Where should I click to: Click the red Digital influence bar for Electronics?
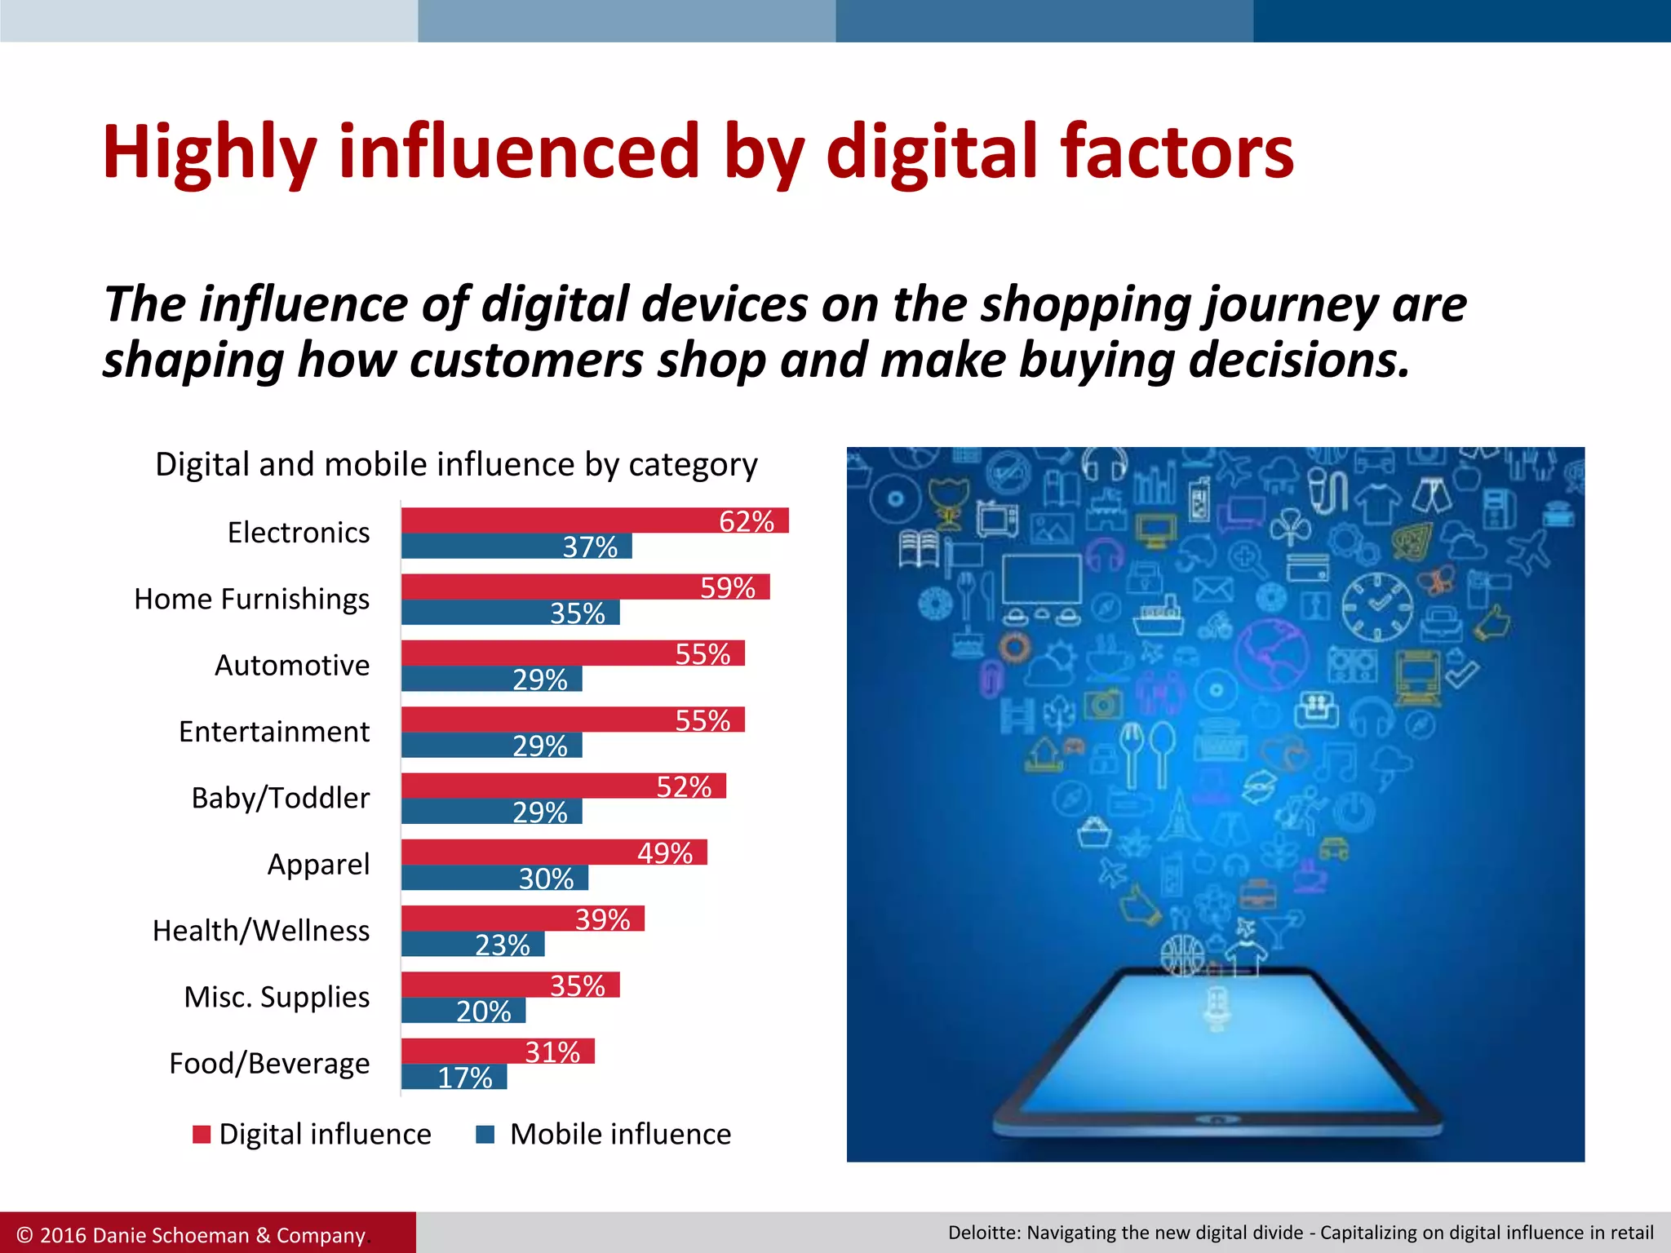coord(555,520)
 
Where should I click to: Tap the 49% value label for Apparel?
coord(665,853)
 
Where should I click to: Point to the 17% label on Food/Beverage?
coord(465,1078)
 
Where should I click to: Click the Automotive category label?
coord(292,666)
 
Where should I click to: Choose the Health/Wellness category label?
coord(261,931)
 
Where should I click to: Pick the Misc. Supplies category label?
coord(277,997)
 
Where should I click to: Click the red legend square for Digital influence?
coord(202,1135)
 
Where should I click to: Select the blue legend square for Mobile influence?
coord(485,1135)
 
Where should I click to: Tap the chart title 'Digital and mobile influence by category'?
coord(456,465)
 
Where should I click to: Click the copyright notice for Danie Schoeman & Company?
coord(191,1235)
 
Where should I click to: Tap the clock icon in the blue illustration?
coord(1377,606)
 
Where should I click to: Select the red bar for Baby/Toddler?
coord(530,786)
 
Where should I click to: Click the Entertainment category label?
coord(274,732)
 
